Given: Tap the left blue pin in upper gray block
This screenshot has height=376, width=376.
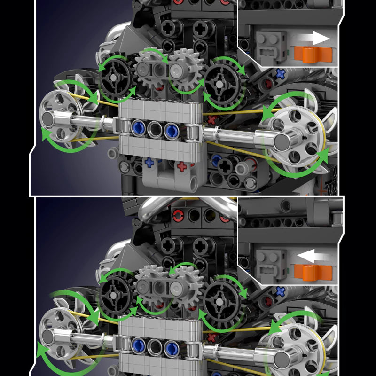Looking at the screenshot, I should pyautogui.click(x=138, y=128).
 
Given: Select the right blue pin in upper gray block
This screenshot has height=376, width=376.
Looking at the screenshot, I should pyautogui.click(x=172, y=129).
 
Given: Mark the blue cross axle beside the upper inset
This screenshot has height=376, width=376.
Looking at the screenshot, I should pyautogui.click(x=281, y=73).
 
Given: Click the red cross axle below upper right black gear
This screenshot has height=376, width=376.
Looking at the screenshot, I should pyautogui.click(x=212, y=119).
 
